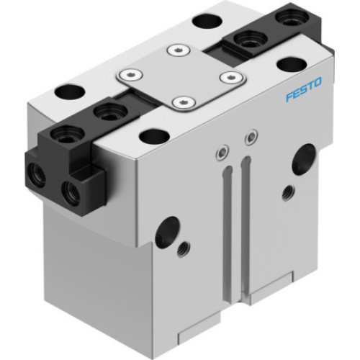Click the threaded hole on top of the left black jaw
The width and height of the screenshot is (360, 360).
point(109,111)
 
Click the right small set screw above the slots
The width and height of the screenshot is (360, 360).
point(249,135)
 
